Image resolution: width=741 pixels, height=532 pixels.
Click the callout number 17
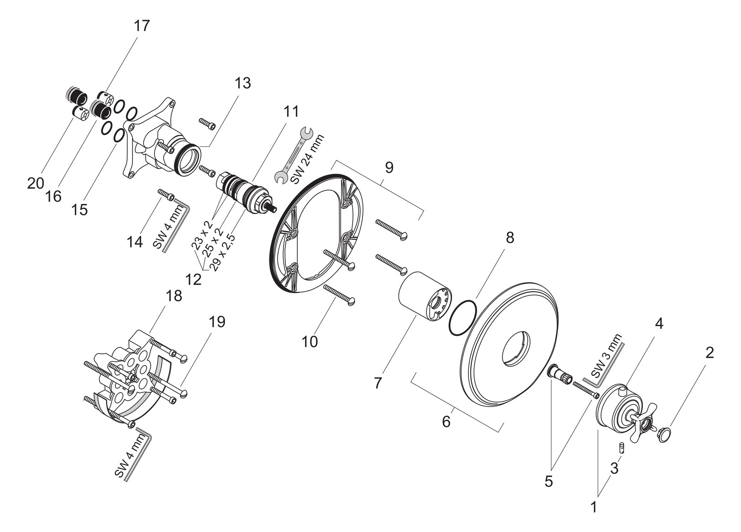pos(142,26)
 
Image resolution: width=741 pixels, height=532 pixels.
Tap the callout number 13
pos(243,83)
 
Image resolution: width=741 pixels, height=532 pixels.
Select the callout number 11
pos(291,111)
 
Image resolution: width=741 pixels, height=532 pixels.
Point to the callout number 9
pos(389,167)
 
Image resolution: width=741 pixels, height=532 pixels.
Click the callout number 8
pos(510,238)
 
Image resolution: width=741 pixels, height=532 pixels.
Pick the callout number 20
pos(36,183)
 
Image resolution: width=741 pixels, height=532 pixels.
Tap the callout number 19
pos(217,321)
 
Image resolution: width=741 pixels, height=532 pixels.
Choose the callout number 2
pos(709,353)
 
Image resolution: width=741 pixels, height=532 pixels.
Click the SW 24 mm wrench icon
pos(294,156)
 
